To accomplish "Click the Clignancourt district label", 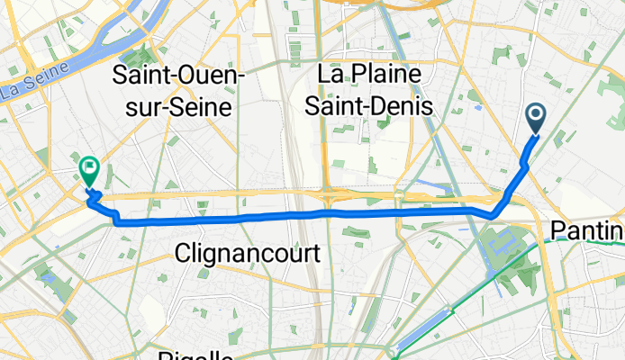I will click(x=248, y=254).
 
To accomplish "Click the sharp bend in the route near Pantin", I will click(x=493, y=216).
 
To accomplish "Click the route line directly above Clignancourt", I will click(x=248, y=219).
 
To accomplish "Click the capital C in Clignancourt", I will click(x=186, y=254).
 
